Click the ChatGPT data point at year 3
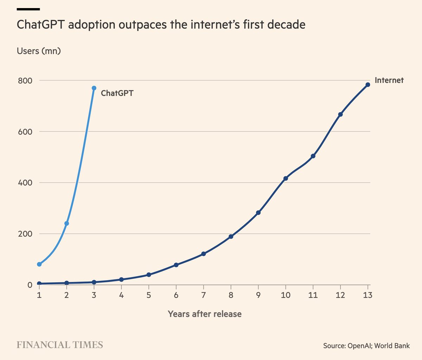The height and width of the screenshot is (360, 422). coord(94,88)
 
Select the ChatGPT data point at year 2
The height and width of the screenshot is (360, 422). coord(66,223)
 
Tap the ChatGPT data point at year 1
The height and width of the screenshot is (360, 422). coord(39,264)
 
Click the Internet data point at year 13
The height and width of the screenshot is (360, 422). coord(368,85)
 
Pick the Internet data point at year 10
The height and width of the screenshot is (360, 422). coord(286,178)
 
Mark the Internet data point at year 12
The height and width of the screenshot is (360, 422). coord(340,114)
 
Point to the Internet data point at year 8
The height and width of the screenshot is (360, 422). coord(231,237)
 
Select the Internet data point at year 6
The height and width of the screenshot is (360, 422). coord(176,265)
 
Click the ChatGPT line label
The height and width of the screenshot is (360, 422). coord(117,93)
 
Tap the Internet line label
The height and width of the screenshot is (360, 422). coord(389,80)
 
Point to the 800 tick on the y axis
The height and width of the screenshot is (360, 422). coord(25,81)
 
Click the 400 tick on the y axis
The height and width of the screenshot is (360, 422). coord(25,183)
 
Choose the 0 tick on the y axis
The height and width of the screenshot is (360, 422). coord(30,285)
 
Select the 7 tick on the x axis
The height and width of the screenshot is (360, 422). coord(204,295)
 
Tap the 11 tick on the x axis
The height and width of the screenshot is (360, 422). coord(313,295)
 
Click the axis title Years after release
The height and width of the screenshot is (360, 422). coord(205,314)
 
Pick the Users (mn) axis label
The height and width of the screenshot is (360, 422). coord(39,51)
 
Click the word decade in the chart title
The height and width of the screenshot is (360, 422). coord(285,25)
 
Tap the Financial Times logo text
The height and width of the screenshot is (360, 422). coord(60,345)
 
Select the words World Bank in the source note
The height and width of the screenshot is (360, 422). coord(392,346)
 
